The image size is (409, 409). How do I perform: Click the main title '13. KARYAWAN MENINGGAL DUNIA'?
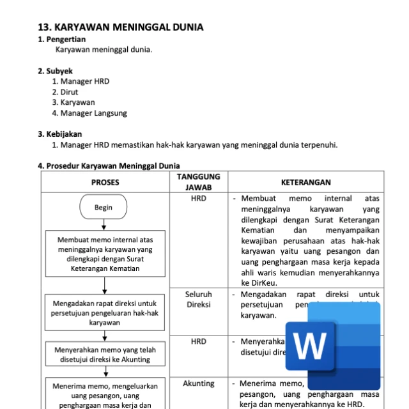click(121, 27)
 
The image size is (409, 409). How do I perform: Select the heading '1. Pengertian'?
click(62, 40)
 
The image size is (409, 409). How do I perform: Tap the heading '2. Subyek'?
click(55, 71)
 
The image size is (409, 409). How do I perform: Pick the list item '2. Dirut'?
click(65, 91)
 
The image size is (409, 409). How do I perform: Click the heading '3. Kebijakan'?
click(60, 134)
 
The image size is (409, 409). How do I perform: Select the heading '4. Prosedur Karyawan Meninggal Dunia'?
click(109, 166)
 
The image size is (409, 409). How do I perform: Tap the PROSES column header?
click(105, 182)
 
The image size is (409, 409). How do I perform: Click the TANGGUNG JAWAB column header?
click(198, 182)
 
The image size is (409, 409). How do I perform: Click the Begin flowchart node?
click(103, 207)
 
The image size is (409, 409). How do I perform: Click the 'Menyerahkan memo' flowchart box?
click(105, 355)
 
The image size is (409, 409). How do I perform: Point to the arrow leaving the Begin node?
click(104, 225)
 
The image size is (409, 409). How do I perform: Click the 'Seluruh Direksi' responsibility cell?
click(198, 299)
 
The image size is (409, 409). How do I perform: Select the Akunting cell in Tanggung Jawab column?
click(198, 383)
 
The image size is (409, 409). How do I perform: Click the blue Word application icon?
click(332, 345)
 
